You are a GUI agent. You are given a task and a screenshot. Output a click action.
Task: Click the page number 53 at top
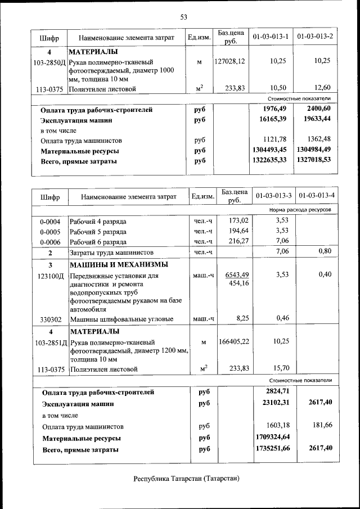coord(183,17)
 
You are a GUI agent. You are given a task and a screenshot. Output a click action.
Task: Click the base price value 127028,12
coord(229,61)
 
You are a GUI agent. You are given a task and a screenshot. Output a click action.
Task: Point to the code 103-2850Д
coord(49,61)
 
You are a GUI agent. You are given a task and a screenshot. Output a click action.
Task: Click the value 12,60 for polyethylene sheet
coord(322,87)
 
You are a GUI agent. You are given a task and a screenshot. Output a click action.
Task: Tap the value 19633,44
coord(314,119)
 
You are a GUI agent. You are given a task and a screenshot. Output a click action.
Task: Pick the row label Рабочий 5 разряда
coord(98,231)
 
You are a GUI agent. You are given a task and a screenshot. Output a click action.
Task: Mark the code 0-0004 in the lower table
coord(50,222)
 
